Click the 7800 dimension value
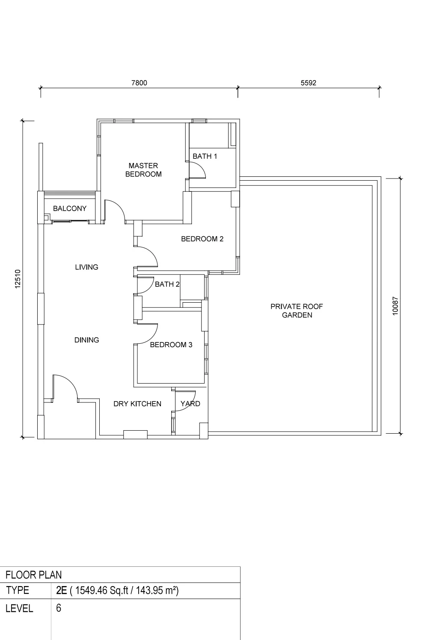pyautogui.click(x=139, y=83)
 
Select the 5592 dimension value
pyautogui.click(x=309, y=83)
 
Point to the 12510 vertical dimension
pyautogui.click(x=18, y=279)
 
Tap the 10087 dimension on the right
pyautogui.click(x=395, y=306)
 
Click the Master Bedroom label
pyautogui.click(x=143, y=170)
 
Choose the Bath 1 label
pyautogui.click(x=205, y=156)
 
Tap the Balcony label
pyautogui.click(x=70, y=208)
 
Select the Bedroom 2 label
pyautogui.click(x=202, y=239)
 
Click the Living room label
pyautogui.click(x=86, y=267)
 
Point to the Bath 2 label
pyautogui.click(x=167, y=284)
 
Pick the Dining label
pyautogui.click(x=86, y=340)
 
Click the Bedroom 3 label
pyautogui.click(x=171, y=345)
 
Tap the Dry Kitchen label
pyautogui.click(x=137, y=404)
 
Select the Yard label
pyautogui.click(x=190, y=404)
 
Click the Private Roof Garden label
pyautogui.click(x=297, y=311)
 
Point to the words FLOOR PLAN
pyautogui.click(x=34, y=575)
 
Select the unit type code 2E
pyautogui.click(x=62, y=590)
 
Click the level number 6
pyautogui.click(x=59, y=608)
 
